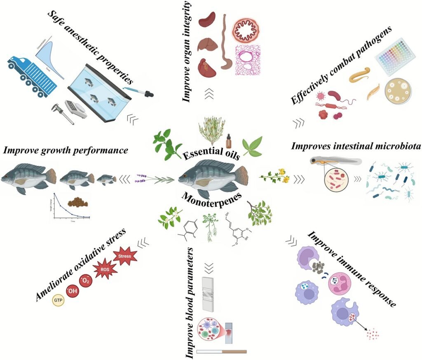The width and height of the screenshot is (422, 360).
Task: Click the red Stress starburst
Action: pyautogui.click(x=124, y=256)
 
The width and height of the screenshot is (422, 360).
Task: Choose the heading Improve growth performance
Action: pyautogui.click(x=64, y=150)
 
